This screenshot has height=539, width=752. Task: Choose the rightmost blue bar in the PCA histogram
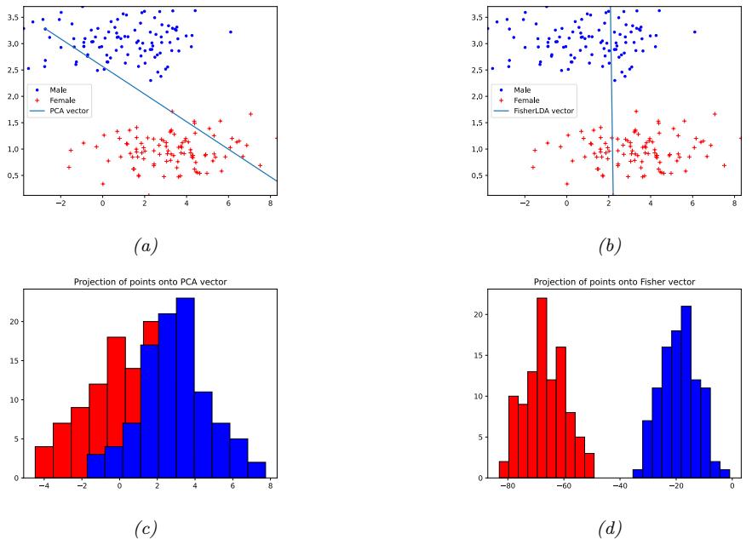[257, 469]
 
